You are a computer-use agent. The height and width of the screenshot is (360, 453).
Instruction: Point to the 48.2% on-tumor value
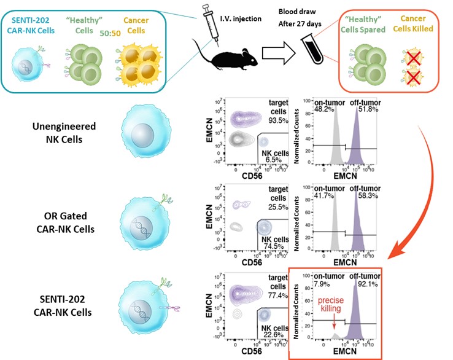(x=320, y=109)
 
